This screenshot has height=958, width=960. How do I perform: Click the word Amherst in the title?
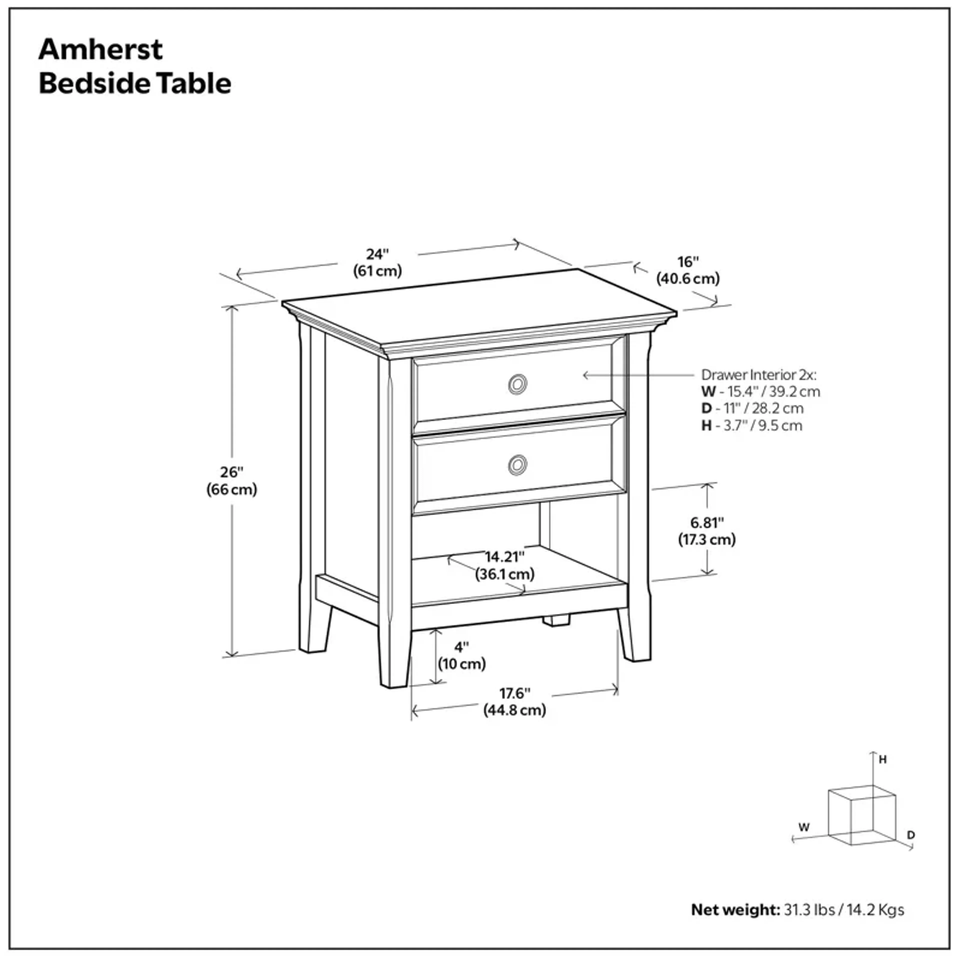100,50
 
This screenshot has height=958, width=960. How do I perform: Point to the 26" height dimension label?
231,472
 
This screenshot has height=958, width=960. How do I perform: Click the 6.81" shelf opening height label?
706,523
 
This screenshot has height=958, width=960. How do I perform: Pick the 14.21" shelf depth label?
504,556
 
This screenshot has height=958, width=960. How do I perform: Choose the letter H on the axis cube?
882,760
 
